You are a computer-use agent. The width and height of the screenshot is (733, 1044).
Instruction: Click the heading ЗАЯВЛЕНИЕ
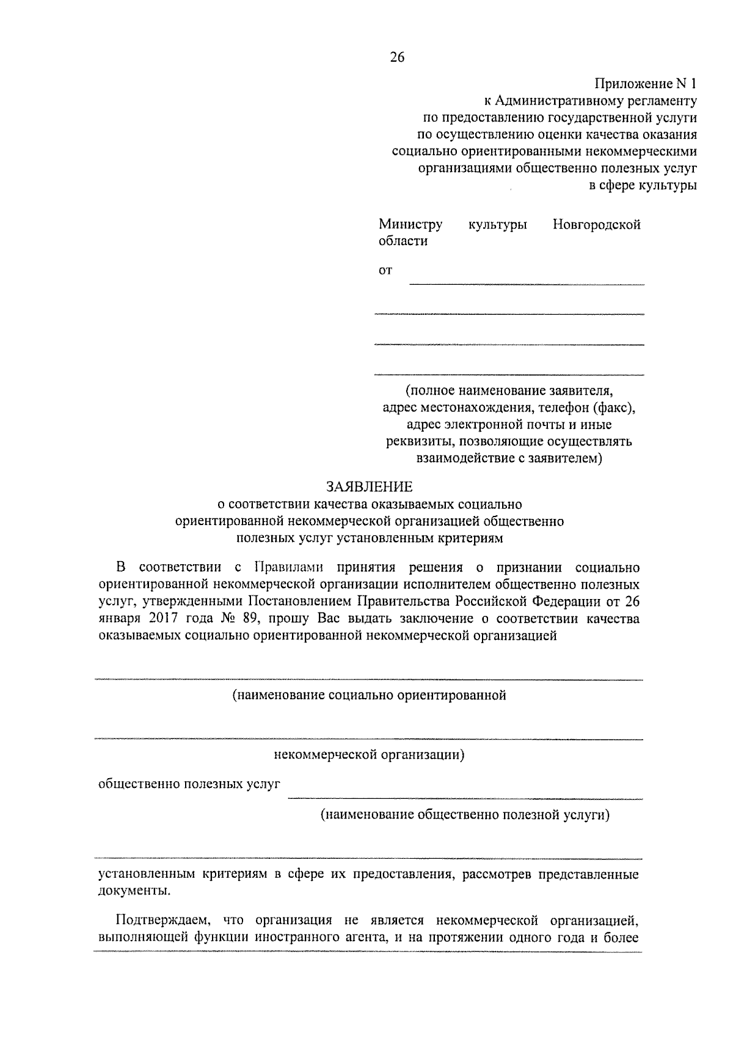pyautogui.click(x=369, y=487)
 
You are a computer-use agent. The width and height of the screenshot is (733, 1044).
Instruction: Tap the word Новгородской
pyautogui.click(x=596, y=224)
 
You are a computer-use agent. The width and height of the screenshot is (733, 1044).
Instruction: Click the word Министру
pyautogui.click(x=410, y=224)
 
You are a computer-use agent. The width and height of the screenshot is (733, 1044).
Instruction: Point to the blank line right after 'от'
pyautogui.click(x=526, y=282)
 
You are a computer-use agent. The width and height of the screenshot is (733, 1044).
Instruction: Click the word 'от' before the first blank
pyautogui.click(x=385, y=270)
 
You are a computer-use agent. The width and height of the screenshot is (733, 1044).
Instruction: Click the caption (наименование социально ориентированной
pyautogui.click(x=369, y=695)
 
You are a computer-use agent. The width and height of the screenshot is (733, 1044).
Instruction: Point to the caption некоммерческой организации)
pyautogui.click(x=369, y=755)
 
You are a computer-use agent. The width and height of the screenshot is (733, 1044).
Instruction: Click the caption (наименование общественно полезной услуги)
pyautogui.click(x=465, y=815)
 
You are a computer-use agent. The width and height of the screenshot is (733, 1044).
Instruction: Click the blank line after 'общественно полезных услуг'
pyautogui.click(x=465, y=797)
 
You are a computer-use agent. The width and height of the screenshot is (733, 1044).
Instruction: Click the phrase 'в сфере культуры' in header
pyautogui.click(x=643, y=186)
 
